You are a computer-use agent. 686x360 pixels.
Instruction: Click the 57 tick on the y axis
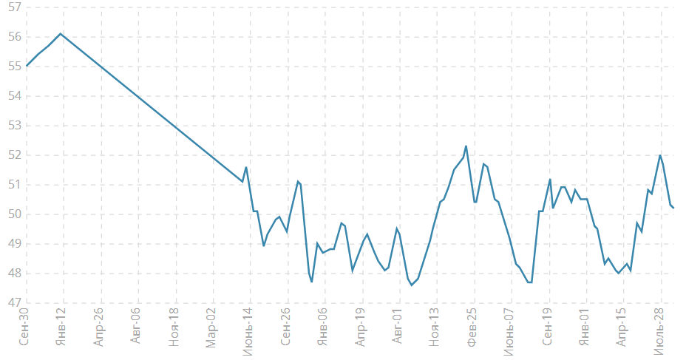13,7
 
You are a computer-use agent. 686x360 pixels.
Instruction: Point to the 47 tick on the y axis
13,303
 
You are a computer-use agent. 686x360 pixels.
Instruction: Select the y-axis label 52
13,155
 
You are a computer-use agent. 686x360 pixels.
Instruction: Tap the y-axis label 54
13,96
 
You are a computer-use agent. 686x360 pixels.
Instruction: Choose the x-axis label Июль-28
659,331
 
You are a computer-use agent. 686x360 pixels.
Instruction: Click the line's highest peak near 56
61,33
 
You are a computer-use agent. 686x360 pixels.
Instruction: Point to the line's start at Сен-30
27,66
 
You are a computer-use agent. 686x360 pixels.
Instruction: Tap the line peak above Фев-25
466,146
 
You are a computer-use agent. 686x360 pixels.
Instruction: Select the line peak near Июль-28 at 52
660,155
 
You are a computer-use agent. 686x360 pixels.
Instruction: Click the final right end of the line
673,208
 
